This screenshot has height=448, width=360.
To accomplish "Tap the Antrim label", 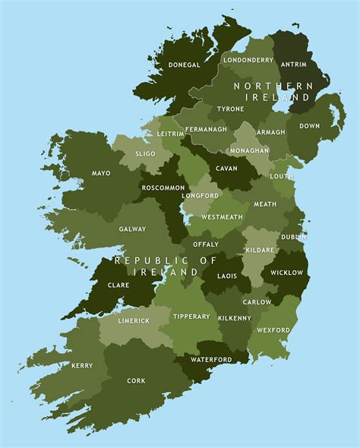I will (x=294, y=65).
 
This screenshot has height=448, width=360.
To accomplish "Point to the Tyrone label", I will (x=230, y=109).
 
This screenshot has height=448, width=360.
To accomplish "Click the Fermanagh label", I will (x=207, y=129).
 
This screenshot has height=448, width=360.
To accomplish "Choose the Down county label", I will (x=309, y=126).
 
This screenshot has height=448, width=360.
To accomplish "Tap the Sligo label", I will (x=144, y=153).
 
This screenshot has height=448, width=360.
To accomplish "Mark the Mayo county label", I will (x=101, y=173).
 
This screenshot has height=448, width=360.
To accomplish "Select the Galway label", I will (x=132, y=229).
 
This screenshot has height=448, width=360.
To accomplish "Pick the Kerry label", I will (x=82, y=365).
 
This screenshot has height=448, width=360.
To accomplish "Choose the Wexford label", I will (x=273, y=330).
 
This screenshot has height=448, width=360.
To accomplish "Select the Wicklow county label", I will (x=286, y=272).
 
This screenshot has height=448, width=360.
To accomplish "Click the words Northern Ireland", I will (x=273, y=92).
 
